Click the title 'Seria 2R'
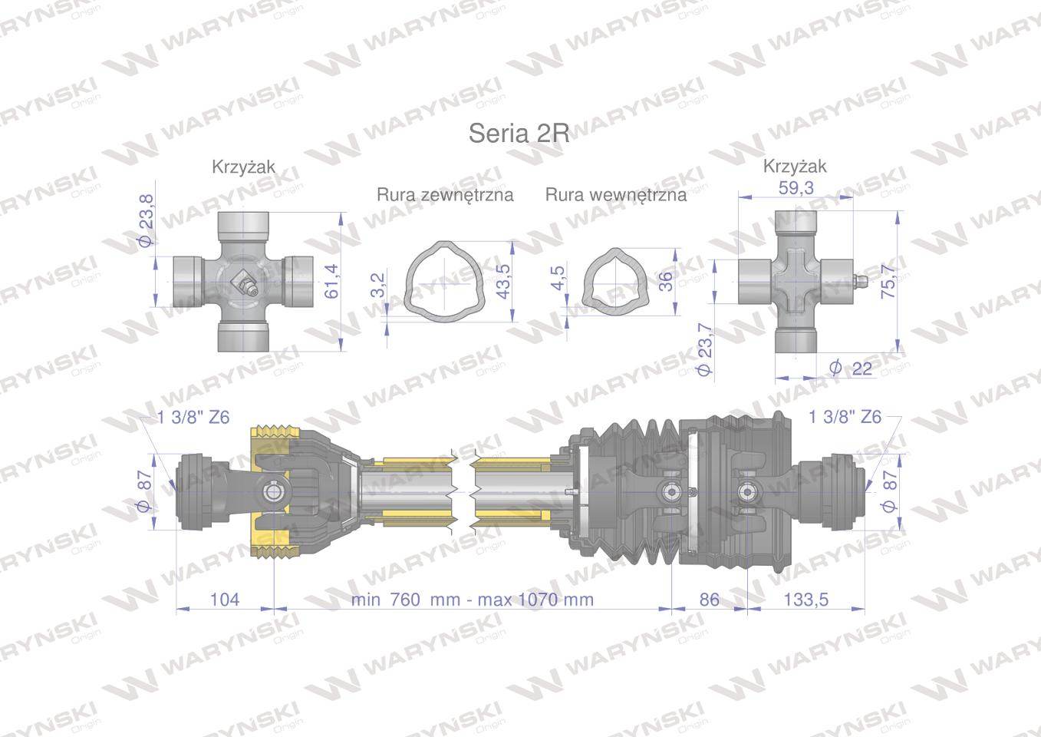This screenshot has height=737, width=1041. pyautogui.click(x=519, y=133)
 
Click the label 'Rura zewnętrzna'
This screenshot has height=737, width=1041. pyautogui.click(x=445, y=195)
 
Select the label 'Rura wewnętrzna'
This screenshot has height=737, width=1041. pyautogui.click(x=615, y=195)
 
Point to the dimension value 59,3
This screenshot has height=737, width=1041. pyautogui.click(x=796, y=187)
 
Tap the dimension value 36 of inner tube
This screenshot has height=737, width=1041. pyautogui.click(x=665, y=281)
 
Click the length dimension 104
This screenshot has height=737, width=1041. pyautogui.click(x=225, y=599)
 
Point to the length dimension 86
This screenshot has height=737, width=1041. pyautogui.click(x=710, y=599)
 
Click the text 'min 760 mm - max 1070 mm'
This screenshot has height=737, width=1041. pyautogui.click(x=473, y=599)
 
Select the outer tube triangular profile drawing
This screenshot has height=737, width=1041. pyautogui.click(x=444, y=281)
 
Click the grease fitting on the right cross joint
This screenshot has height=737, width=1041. pyautogui.click(x=861, y=282)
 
